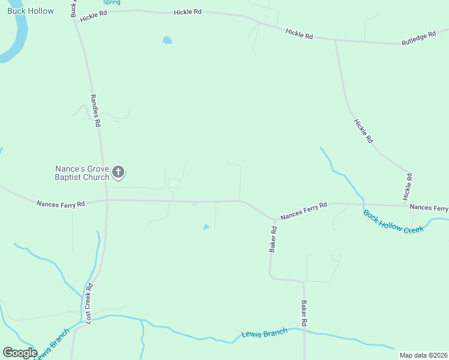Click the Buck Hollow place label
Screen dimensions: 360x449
(x=30, y=11)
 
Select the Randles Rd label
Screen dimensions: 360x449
(x=95, y=110)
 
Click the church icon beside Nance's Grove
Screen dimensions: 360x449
(x=118, y=173)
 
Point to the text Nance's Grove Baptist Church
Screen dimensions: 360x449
(x=82, y=173)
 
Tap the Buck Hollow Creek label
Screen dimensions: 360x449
(x=394, y=222)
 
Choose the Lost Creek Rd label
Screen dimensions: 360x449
(x=89, y=304)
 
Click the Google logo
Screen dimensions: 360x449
(x=20, y=353)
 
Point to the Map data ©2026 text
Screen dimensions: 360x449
(x=423, y=355)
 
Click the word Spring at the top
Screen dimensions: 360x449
(x=111, y=2)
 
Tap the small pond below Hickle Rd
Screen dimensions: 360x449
(x=167, y=41)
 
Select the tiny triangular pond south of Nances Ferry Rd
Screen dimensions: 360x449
(x=206, y=227)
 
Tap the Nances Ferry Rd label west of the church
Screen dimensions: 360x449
(x=61, y=204)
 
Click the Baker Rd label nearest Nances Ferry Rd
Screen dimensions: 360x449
(x=273, y=239)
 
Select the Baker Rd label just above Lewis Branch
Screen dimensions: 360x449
(x=304, y=313)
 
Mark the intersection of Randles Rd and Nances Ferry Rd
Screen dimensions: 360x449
(x=107, y=200)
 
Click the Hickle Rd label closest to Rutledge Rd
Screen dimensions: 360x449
(x=299, y=34)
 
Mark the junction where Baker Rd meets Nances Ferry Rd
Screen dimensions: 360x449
(x=275, y=220)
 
